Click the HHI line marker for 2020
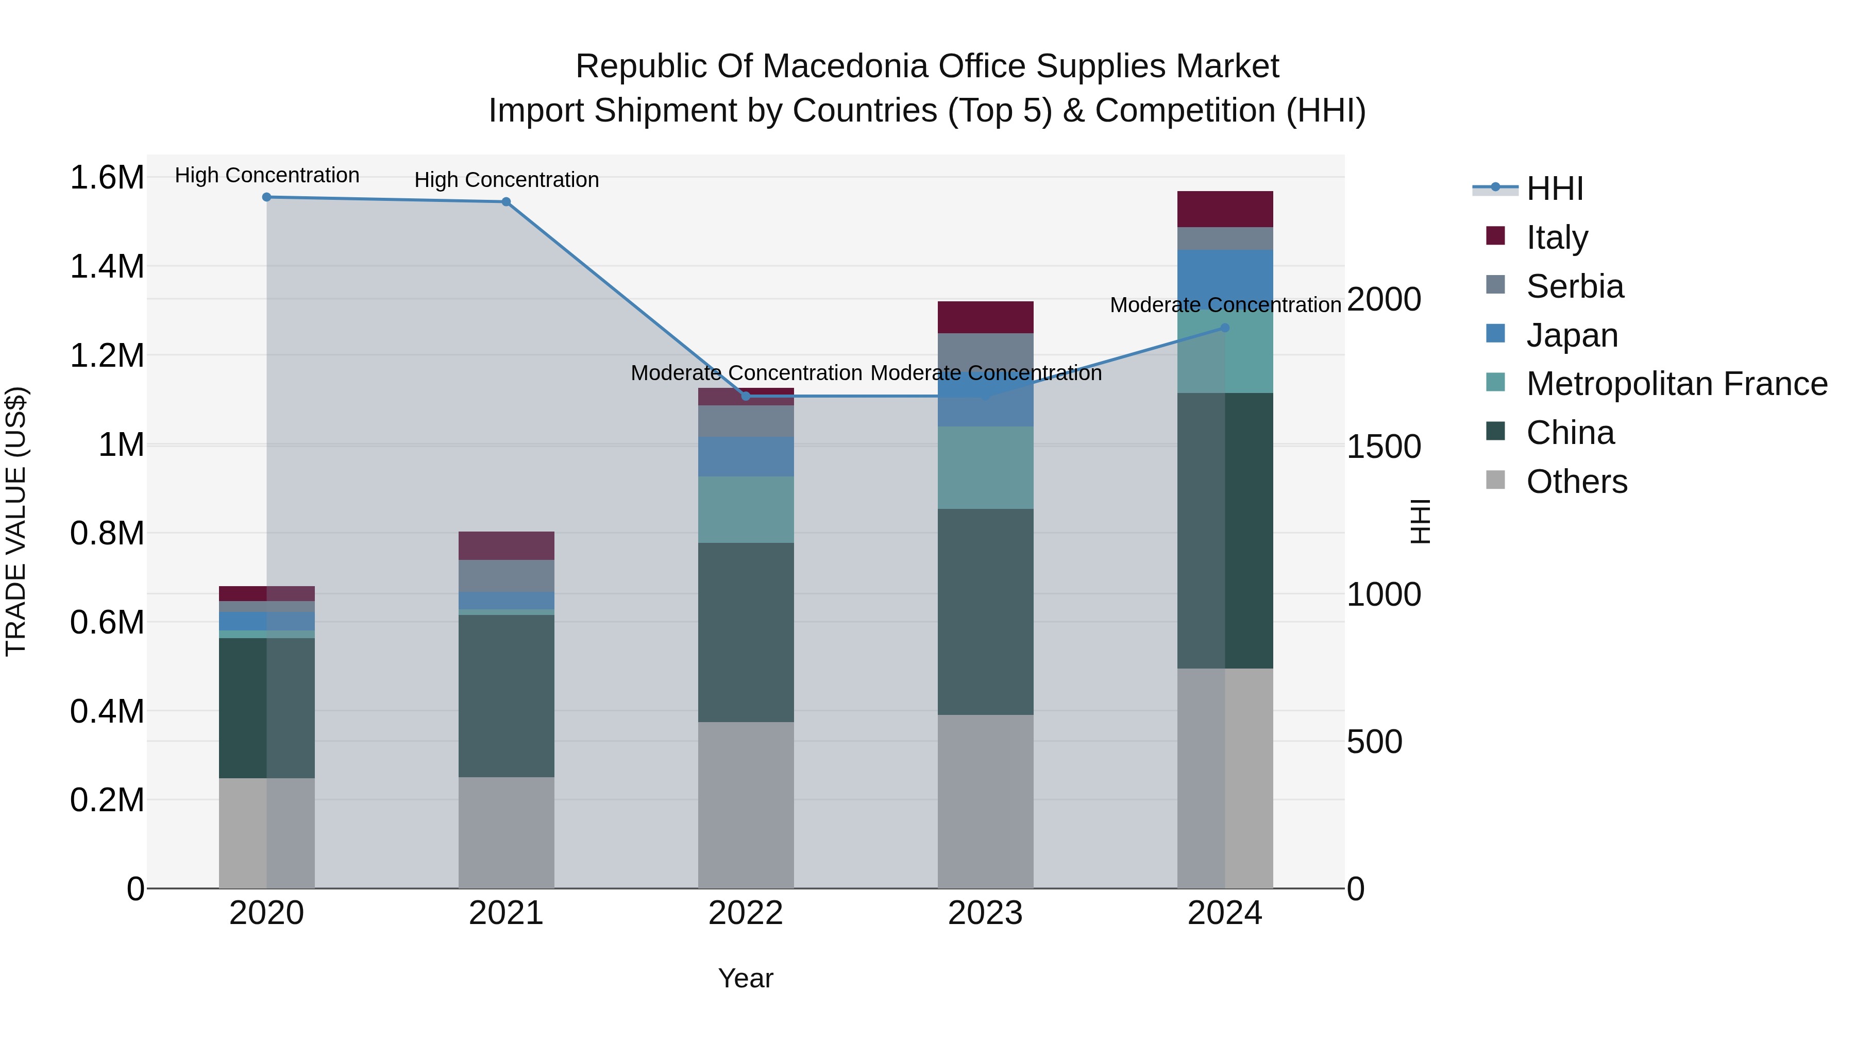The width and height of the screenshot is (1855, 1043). pyautogui.click(x=266, y=197)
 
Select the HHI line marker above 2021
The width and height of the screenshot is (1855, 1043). pyautogui.click(x=506, y=201)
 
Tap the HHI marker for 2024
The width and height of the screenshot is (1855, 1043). pyautogui.click(x=1225, y=328)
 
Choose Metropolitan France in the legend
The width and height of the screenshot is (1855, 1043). pyautogui.click(x=1676, y=384)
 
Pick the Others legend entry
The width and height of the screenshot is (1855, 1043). pyautogui.click(x=1576, y=482)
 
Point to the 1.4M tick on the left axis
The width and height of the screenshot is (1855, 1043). pyautogui.click(x=107, y=266)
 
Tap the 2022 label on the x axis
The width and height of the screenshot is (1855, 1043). pyautogui.click(x=745, y=913)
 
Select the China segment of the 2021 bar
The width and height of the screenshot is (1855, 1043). pyautogui.click(x=506, y=695)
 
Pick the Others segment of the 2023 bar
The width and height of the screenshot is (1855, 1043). pyautogui.click(x=985, y=800)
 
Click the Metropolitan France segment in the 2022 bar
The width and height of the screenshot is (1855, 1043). pyautogui.click(x=745, y=509)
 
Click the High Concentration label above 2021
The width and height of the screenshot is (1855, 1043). pyautogui.click(x=506, y=180)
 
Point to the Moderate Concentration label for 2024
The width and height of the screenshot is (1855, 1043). pyautogui.click(x=1225, y=305)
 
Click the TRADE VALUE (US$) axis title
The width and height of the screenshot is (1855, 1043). pyautogui.click(x=16, y=521)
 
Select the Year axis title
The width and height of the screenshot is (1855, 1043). pyautogui.click(x=745, y=978)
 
